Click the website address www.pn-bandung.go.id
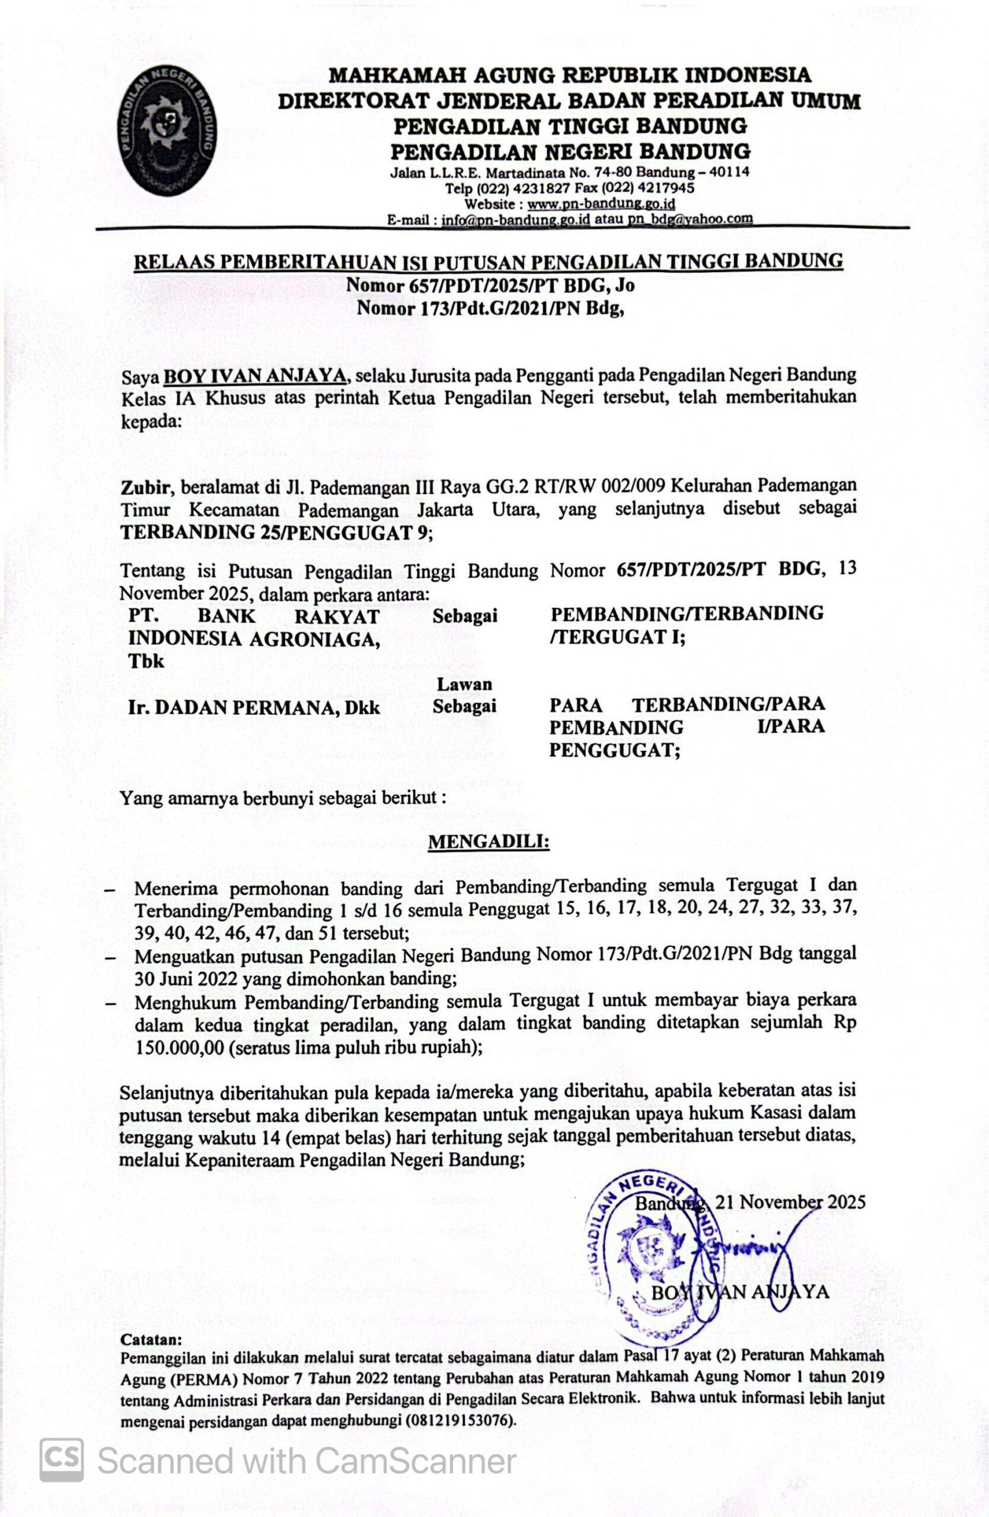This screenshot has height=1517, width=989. point(601,204)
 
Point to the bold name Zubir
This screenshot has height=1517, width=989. point(145,488)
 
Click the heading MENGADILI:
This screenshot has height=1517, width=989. point(489,842)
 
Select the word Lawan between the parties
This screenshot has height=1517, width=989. point(464,684)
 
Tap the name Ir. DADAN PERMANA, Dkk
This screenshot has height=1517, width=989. point(254,708)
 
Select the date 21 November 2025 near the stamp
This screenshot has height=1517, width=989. point(790,1202)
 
